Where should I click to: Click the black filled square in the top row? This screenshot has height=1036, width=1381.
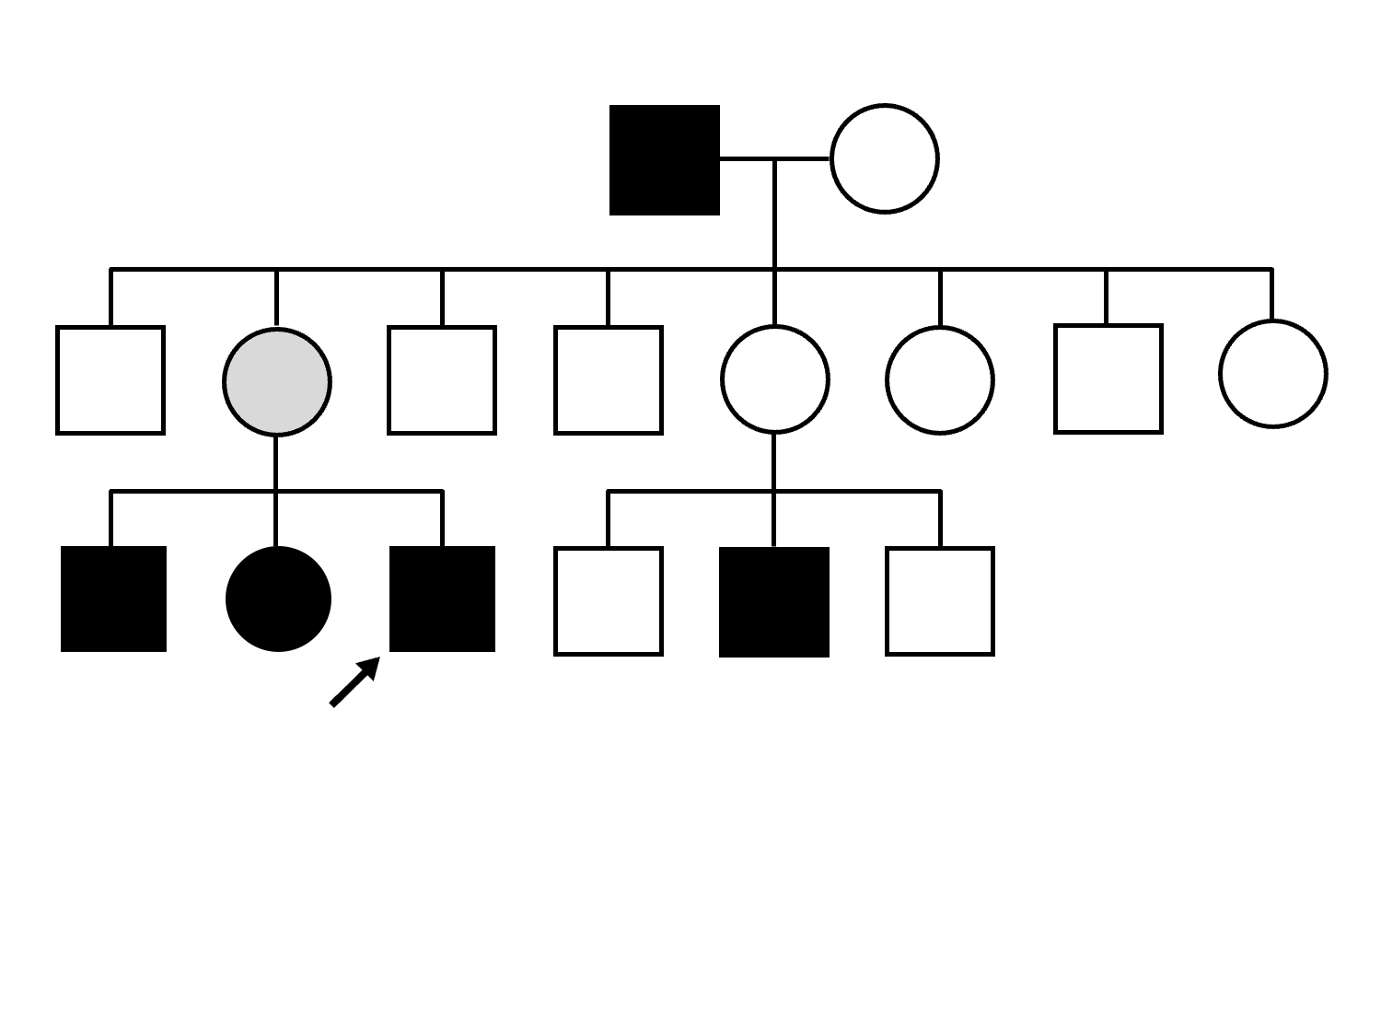(x=664, y=160)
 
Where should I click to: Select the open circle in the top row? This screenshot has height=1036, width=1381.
(x=884, y=159)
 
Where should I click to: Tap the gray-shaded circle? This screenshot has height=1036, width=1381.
(x=277, y=381)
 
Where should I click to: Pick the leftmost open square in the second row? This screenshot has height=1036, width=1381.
(x=110, y=379)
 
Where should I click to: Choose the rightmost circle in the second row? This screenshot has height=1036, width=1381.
(x=1272, y=374)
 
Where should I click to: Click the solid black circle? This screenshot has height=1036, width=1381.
(x=278, y=599)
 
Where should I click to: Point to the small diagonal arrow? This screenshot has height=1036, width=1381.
(x=354, y=681)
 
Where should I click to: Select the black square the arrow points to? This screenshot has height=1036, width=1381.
(x=442, y=599)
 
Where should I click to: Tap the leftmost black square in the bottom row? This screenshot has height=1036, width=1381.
(x=113, y=599)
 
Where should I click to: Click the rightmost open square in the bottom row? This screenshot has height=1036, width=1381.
(x=939, y=601)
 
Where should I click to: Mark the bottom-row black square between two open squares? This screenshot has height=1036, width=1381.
(x=773, y=602)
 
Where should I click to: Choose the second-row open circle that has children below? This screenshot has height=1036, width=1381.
(x=775, y=378)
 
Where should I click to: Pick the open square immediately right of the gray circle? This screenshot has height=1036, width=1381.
(x=442, y=379)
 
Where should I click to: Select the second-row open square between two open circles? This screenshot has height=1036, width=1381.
(x=1108, y=378)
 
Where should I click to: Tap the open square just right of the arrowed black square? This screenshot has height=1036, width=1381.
(x=608, y=601)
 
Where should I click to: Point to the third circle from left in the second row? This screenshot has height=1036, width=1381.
(x=939, y=379)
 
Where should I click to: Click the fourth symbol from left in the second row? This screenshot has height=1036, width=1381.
(x=608, y=379)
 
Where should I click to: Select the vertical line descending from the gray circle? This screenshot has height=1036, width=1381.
(x=276, y=462)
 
